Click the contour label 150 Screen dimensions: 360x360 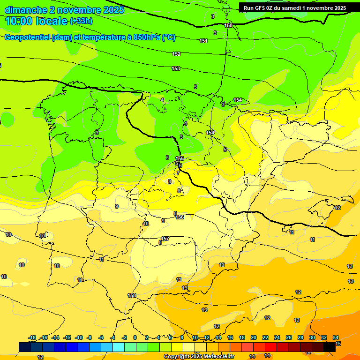pyautogui.click(x=228, y=25)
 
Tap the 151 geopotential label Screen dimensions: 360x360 pyautogui.click(x=203, y=41)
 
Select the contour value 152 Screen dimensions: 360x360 pyautogui.click(x=176, y=54)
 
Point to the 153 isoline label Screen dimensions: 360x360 pyautogui.click(x=176, y=69)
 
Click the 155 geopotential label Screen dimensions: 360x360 pyautogui.click(x=180, y=158)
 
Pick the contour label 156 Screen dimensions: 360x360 pyautogui.click(x=180, y=217)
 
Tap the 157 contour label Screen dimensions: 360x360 pyautogui.click(x=165, y=239)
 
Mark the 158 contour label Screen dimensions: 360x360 pyautogui.click(x=132, y=295)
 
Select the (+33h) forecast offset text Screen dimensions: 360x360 pyautogui.click(x=81, y=21)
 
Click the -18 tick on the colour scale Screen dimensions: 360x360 pyautogui.click(x=32, y=337)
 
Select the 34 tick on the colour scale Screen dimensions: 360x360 pyautogui.click(x=336, y=337)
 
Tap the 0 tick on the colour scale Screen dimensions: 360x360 pyautogui.click(x=135, y=337)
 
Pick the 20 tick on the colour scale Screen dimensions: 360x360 pyautogui.click(x=254, y=337)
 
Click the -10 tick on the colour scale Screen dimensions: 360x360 pyautogui.click(x=79, y=337)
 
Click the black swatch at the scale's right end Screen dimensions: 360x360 pyautogui.click(x=330, y=347)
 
